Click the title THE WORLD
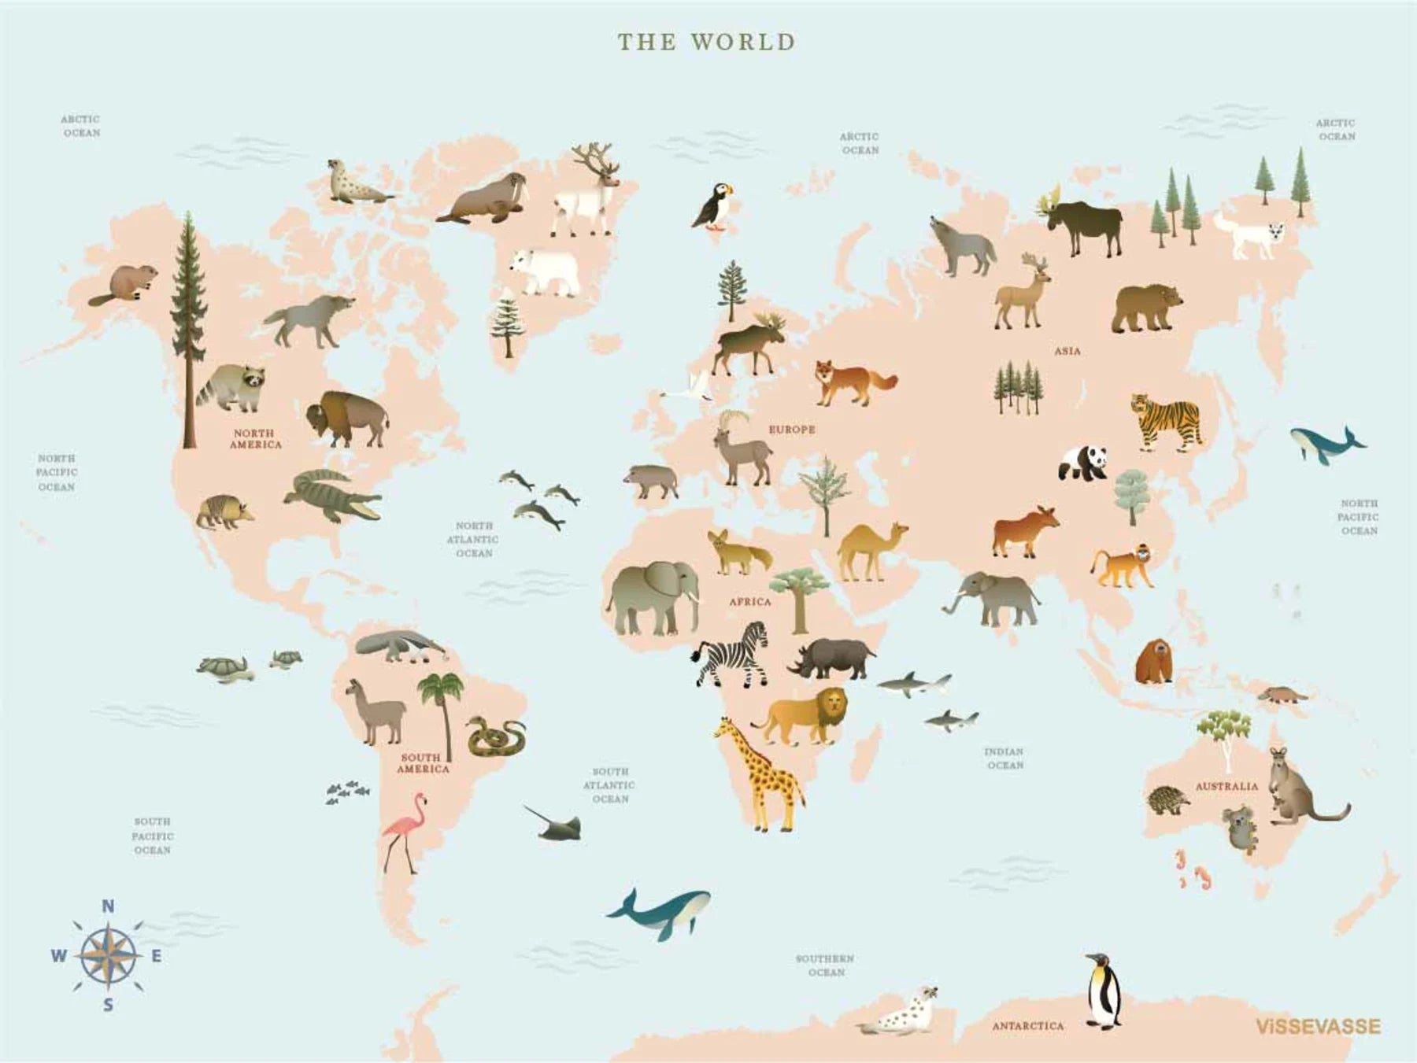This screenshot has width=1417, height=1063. pos(706,42)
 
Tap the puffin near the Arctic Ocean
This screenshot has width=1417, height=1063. pos(713,205)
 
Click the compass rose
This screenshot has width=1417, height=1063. pos(108,956)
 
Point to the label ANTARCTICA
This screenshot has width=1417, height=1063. pos(1027,1026)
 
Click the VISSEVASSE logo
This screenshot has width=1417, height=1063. pos(1317,1026)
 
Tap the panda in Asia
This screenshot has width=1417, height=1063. pos(1083,463)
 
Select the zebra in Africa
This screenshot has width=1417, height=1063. pos(731,653)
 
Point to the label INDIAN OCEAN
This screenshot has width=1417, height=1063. pos(1004,758)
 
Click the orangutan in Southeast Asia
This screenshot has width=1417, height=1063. pos(1153,661)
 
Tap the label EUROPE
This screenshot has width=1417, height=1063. pos(791,430)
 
